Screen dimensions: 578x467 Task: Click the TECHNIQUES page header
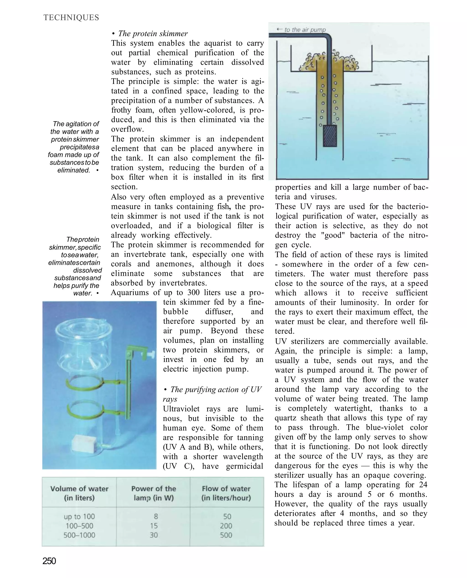point(71,18)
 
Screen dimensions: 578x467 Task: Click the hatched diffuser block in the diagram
point(329,136)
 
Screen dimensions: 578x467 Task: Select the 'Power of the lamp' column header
point(154,493)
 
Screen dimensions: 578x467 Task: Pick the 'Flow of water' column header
point(226,493)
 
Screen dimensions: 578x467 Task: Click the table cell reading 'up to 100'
point(79,516)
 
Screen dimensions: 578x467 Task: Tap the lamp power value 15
point(154,526)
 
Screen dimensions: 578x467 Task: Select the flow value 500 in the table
point(226,535)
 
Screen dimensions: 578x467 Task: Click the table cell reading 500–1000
point(79,535)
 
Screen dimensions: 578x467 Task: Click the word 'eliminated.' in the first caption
point(74,170)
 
